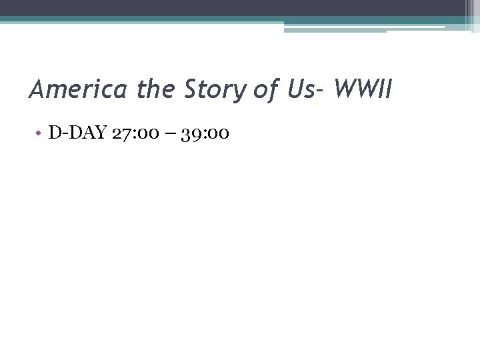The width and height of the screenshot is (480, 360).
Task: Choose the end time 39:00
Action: tap(205, 133)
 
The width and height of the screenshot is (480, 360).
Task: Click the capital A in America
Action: tap(37, 89)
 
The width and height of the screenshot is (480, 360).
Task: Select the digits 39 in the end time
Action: tap(189, 133)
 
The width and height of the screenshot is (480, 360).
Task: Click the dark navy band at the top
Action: tap(233, 8)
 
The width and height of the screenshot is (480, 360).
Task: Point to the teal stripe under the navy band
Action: tap(200, 19)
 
